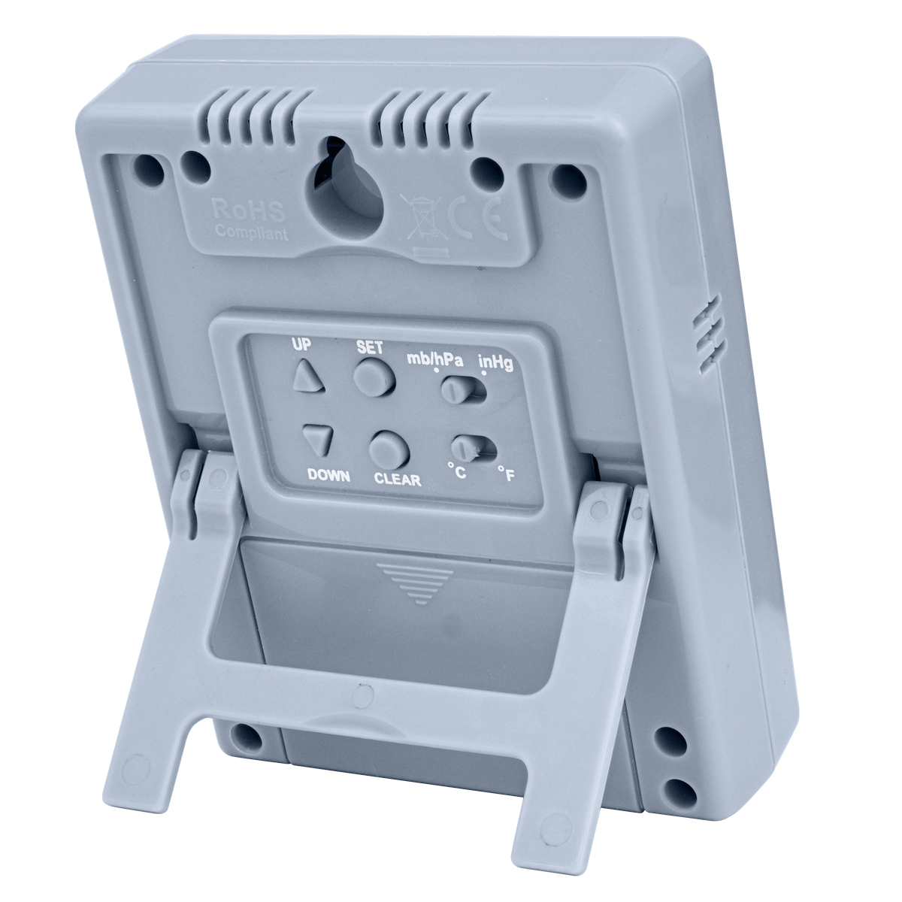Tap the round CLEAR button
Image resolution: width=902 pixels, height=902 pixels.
pyautogui.click(x=389, y=449)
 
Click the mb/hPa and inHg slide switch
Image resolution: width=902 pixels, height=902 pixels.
pyautogui.click(x=461, y=390)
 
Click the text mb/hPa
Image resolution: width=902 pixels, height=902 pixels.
pyautogui.click(x=434, y=359)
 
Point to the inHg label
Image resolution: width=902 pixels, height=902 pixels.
pyautogui.click(x=495, y=367)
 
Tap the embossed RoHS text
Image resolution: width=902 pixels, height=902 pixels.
pyautogui.click(x=236, y=207)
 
